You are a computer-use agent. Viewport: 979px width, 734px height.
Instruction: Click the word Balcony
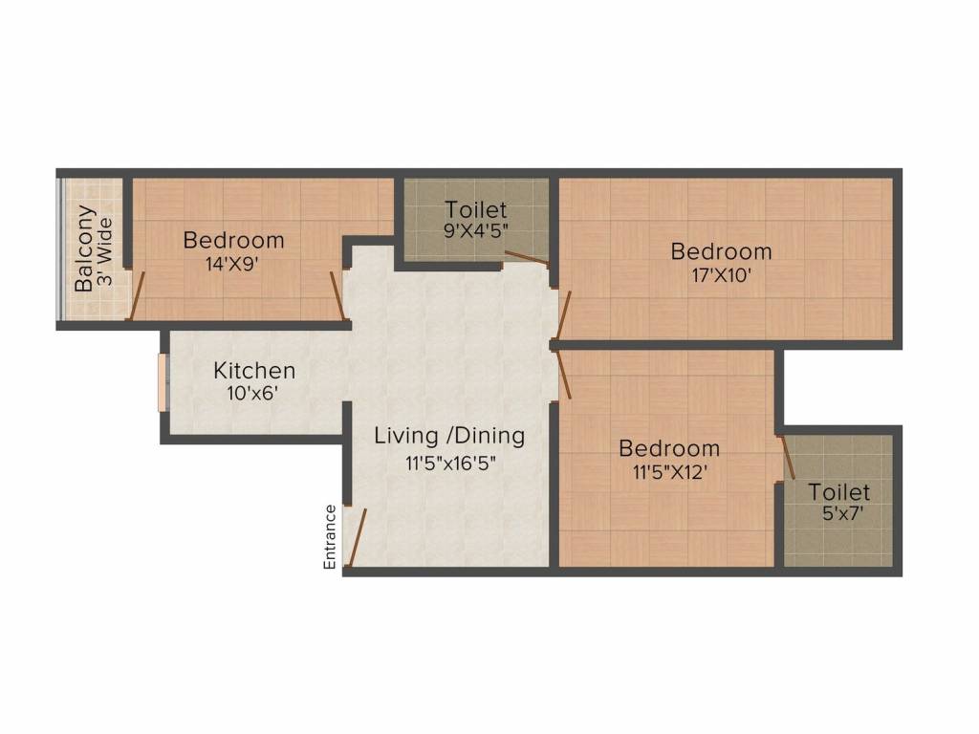tap(85, 248)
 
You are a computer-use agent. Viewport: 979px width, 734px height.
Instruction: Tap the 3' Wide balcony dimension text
tap(105, 248)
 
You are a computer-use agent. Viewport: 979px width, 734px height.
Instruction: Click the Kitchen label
tap(253, 370)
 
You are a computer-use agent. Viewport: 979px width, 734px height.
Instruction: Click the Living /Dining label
tap(449, 437)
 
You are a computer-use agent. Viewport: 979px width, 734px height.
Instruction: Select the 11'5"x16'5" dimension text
tap(448, 464)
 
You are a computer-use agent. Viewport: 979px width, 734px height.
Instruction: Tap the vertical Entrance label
tap(330, 537)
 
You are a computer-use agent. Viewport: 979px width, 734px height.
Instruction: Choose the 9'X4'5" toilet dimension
tap(475, 232)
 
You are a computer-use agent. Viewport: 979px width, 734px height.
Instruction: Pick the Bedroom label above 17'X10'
tap(721, 251)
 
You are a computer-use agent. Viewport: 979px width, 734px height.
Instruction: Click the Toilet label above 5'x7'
tap(839, 492)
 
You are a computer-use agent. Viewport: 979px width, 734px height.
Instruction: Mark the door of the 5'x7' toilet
tap(788, 458)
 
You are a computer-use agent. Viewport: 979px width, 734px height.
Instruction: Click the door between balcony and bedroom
tap(140, 293)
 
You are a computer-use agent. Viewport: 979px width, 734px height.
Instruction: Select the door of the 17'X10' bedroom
tap(564, 315)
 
